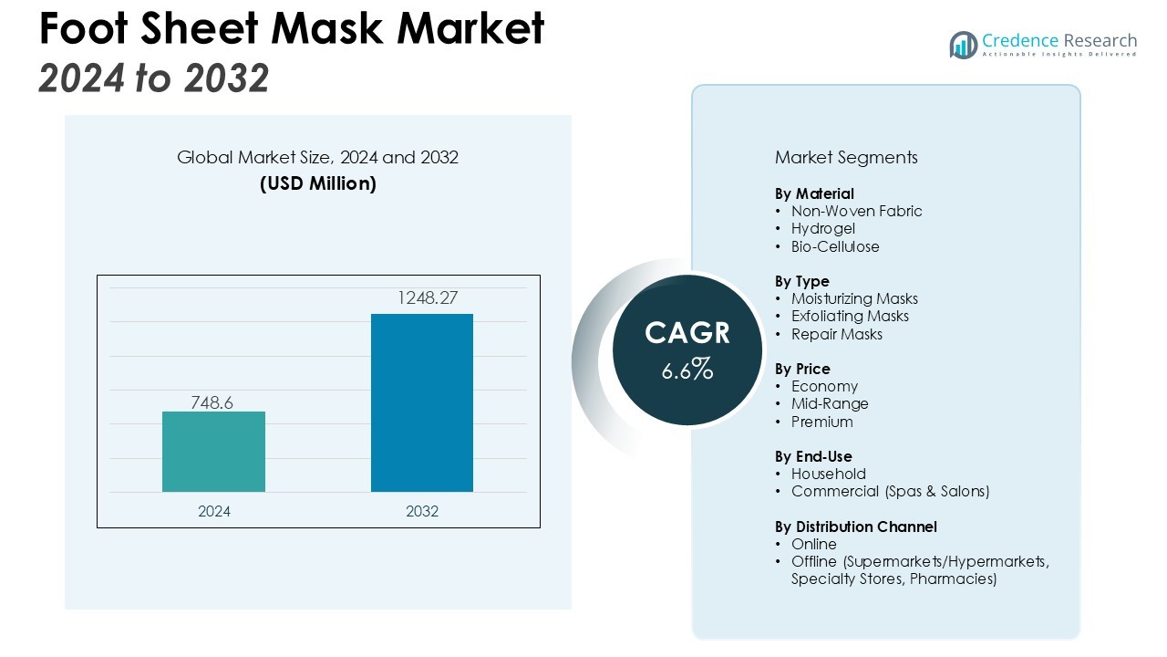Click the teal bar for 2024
tap(213, 452)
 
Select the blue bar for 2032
tap(421, 402)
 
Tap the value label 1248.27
tap(421, 298)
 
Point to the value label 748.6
tap(212, 402)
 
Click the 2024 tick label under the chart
tap(214, 512)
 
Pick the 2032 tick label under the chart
tap(422, 512)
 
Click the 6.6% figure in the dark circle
tap(687, 370)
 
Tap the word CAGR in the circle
tap(687, 333)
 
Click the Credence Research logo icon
tap(963, 45)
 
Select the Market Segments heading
tap(846, 157)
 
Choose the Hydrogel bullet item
tap(823, 229)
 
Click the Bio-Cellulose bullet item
tap(835, 246)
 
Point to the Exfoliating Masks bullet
tap(850, 317)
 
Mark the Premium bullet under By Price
tap(822, 422)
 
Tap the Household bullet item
tap(829, 474)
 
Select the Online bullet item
tap(814, 545)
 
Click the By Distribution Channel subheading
tap(856, 527)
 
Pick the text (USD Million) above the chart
tap(318, 183)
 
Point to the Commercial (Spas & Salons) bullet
tap(890, 492)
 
